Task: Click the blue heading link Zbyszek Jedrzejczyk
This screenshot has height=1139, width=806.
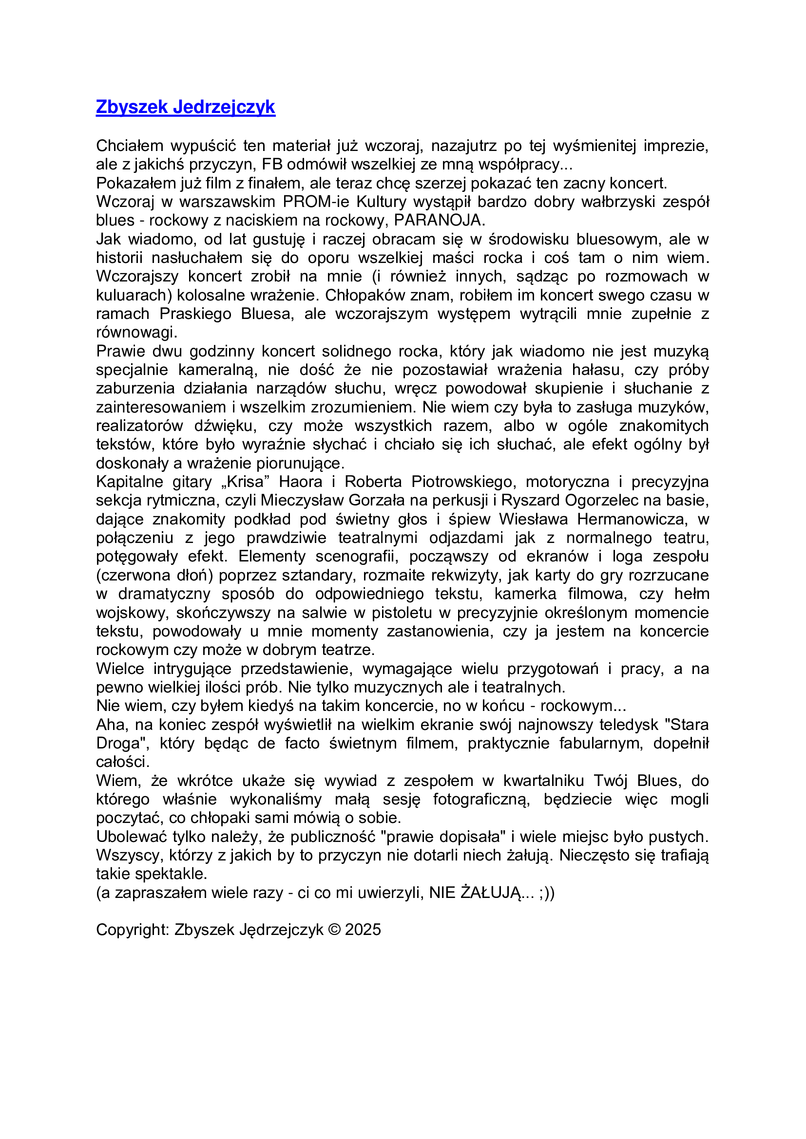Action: (185, 107)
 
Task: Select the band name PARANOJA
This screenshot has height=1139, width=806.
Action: (439, 220)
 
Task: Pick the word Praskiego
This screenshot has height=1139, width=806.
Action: (195, 314)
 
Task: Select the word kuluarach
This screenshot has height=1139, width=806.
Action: (132, 295)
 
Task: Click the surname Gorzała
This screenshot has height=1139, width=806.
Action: (382, 501)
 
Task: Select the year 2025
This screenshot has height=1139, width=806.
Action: (363, 930)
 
